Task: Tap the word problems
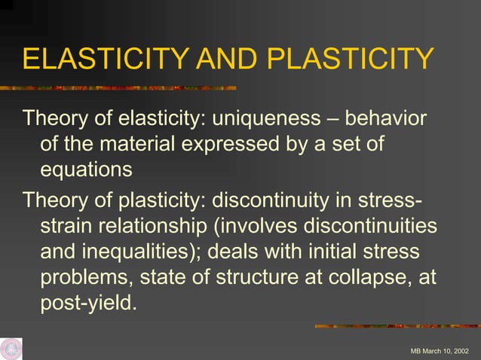[x=85, y=277]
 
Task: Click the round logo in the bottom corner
[x=11, y=348]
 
